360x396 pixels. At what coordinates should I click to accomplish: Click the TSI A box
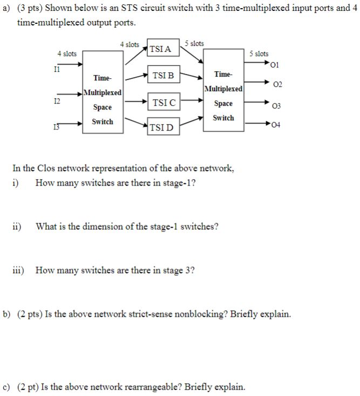(160, 49)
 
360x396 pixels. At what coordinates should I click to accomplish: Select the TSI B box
(164, 76)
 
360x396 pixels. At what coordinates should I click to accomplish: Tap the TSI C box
(164, 102)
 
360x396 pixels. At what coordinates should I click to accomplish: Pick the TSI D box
(161, 127)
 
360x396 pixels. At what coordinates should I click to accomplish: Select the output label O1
(276, 66)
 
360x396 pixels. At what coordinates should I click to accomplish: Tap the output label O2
(277, 86)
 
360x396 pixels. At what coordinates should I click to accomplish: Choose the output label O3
(277, 106)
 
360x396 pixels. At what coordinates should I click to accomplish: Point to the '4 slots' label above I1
(66, 53)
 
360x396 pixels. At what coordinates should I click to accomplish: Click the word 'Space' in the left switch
(102, 107)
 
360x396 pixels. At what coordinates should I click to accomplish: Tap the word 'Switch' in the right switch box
(223, 118)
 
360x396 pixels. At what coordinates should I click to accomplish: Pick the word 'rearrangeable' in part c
(157, 387)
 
